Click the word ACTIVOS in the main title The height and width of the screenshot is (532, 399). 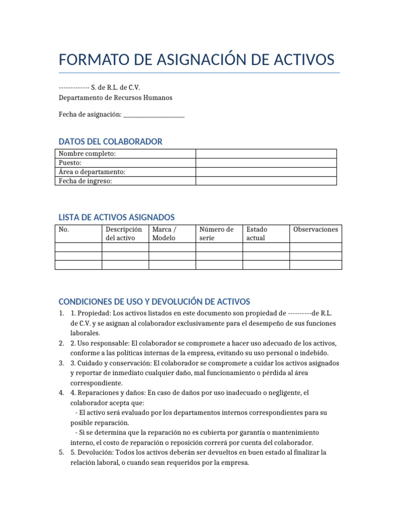tap(301, 59)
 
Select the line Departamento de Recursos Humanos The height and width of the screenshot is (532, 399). tap(115, 98)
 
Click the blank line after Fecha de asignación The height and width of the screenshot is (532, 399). tap(154, 114)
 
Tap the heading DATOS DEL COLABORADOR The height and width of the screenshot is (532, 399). tap(110, 141)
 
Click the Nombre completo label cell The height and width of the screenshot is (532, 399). tap(87, 153)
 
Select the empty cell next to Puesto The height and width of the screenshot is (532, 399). tap(266, 163)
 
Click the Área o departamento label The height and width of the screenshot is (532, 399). tap(92, 171)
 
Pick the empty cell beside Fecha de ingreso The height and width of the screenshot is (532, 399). tap(266, 181)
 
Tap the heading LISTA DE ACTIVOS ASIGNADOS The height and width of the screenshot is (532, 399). tap(116, 217)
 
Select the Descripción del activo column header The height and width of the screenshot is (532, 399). tap(124, 233)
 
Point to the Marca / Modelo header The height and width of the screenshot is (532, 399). tap(164, 233)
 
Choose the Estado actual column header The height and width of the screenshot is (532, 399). tap(257, 233)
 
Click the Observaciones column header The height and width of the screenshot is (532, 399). tap(315, 229)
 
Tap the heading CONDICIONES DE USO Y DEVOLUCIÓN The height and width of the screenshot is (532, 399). tap(154, 301)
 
